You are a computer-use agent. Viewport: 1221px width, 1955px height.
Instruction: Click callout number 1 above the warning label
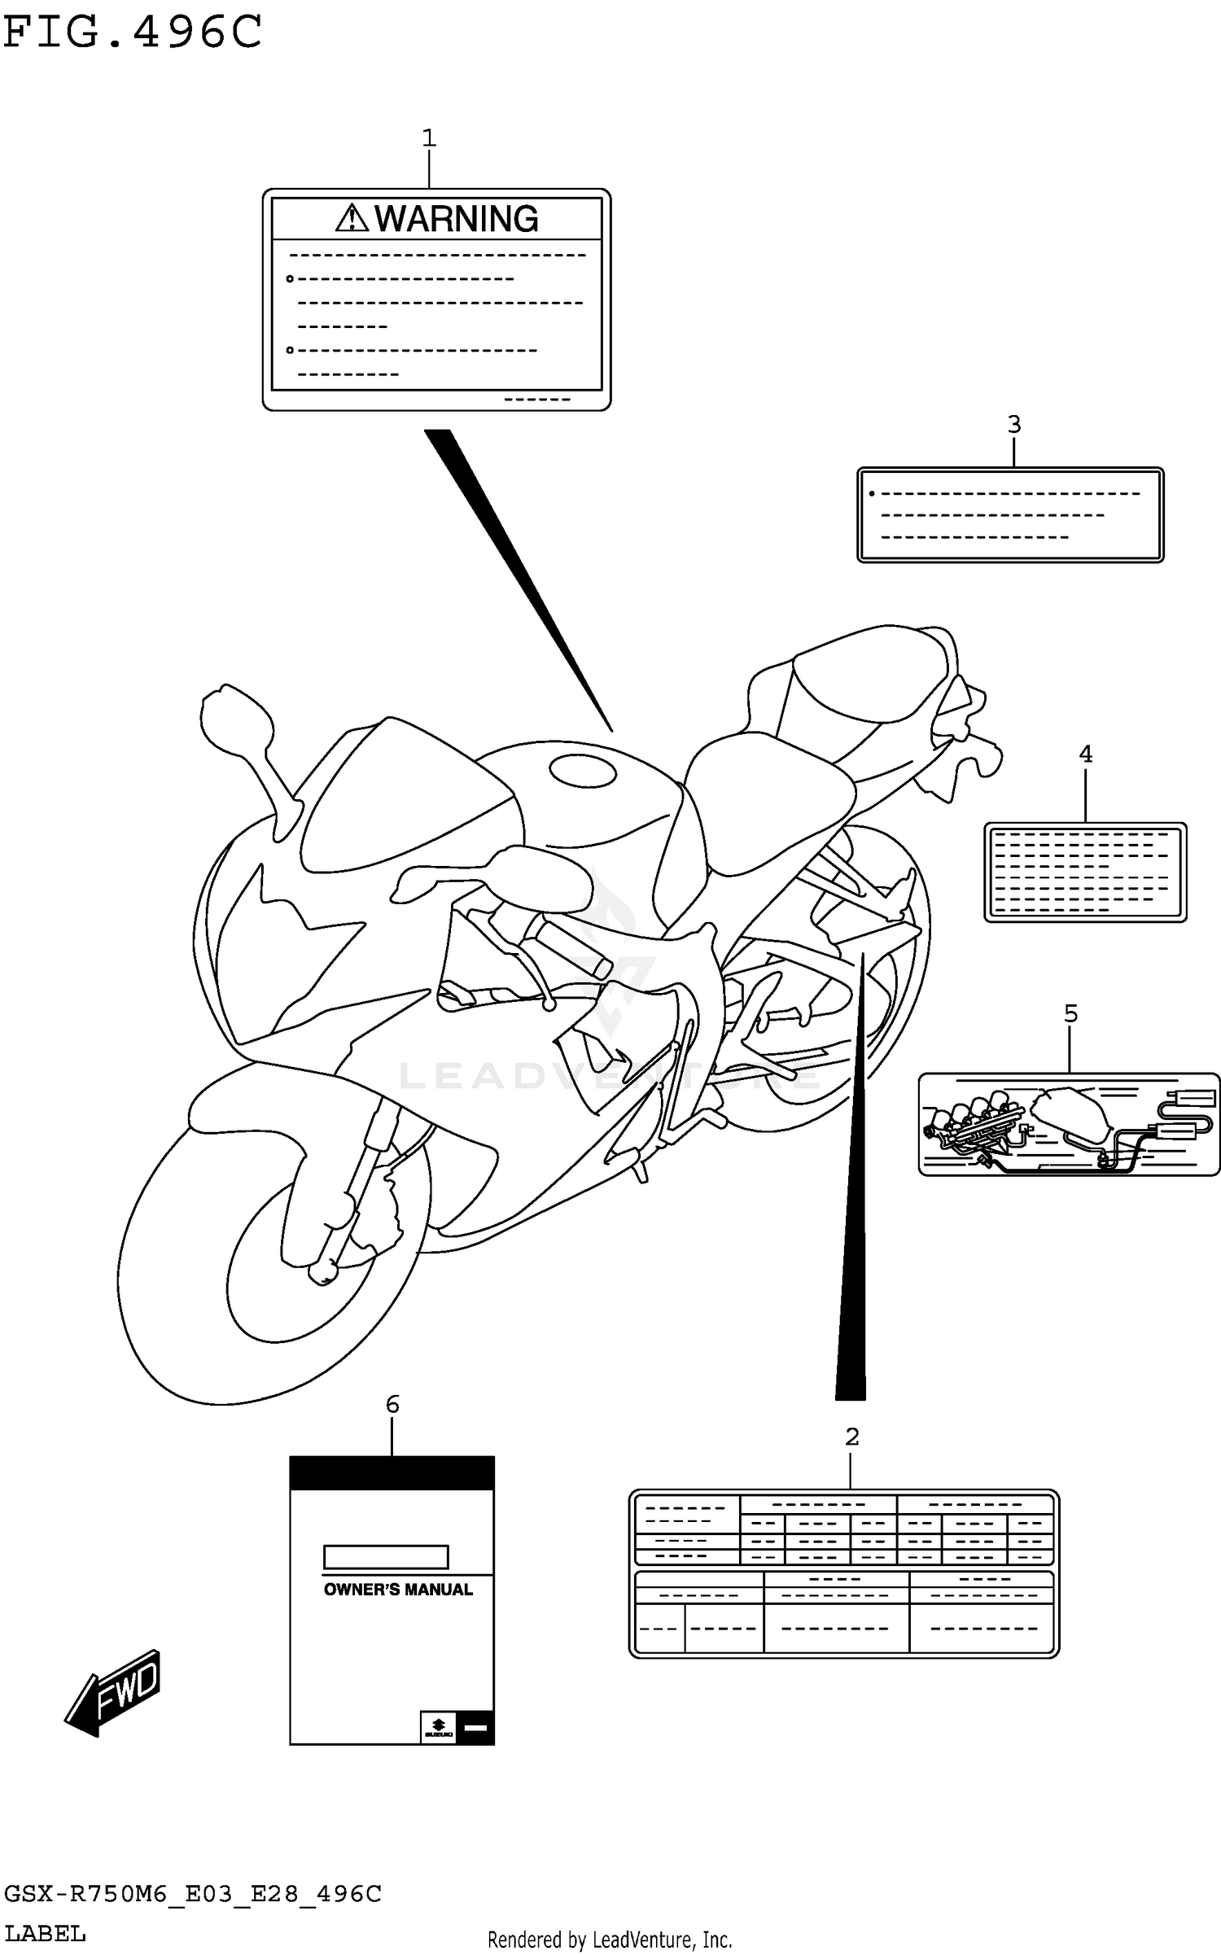pyautogui.click(x=429, y=138)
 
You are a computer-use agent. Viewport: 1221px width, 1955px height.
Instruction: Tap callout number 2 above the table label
pyautogui.click(x=851, y=1437)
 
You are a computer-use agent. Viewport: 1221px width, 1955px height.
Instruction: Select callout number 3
pyautogui.click(x=1013, y=424)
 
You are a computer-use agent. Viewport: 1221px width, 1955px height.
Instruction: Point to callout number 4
pyautogui.click(x=1085, y=754)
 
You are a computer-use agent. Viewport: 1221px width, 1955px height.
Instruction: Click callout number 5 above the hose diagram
pyautogui.click(x=1070, y=1013)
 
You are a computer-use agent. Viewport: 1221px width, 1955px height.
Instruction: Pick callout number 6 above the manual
pyautogui.click(x=392, y=1403)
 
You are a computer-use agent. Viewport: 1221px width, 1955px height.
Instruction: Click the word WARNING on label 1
pyautogui.click(x=456, y=219)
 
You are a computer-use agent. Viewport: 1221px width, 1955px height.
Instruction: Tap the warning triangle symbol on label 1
pyautogui.click(x=352, y=218)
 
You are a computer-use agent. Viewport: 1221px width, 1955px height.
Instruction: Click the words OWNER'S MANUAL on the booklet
pyautogui.click(x=398, y=1589)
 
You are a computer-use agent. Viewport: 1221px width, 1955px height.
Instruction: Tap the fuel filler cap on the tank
pyautogui.click(x=583, y=770)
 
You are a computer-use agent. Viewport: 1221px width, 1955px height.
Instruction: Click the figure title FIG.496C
pyautogui.click(x=133, y=33)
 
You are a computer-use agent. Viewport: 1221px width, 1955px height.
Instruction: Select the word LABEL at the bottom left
pyautogui.click(x=45, y=1933)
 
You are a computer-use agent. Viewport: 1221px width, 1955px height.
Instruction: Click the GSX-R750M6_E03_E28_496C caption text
pyautogui.click(x=193, y=1894)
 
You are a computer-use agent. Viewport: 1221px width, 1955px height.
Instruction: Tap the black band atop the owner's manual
pyautogui.click(x=392, y=1472)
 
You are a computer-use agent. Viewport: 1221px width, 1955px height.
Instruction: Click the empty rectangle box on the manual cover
pyautogui.click(x=386, y=1556)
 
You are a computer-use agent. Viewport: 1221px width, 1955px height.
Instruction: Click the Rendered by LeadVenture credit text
pyautogui.click(x=610, y=1940)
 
